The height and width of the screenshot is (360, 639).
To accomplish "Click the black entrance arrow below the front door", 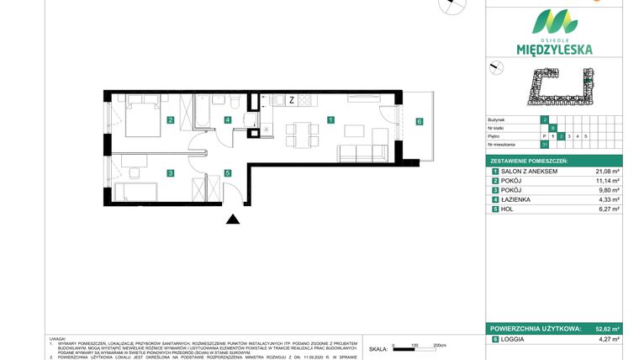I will click(x=233, y=220).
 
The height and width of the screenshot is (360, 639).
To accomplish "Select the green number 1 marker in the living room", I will click(x=330, y=120).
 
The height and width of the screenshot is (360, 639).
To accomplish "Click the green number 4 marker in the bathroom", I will click(x=228, y=120).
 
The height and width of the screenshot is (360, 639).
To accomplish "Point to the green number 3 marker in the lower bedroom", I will click(x=170, y=173).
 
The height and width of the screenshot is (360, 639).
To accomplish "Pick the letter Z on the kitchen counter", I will click(x=291, y=100).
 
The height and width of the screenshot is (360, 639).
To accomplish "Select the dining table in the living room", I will click(x=299, y=133).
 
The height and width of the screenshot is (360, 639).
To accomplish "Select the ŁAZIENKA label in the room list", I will click(x=516, y=199).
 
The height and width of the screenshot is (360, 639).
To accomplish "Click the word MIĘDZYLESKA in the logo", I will click(x=555, y=50).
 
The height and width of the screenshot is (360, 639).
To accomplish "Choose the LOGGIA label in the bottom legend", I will click(x=513, y=339).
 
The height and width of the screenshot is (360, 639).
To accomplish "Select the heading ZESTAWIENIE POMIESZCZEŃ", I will click(x=529, y=160).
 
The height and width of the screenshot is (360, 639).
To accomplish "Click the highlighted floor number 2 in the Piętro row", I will click(x=561, y=135).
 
